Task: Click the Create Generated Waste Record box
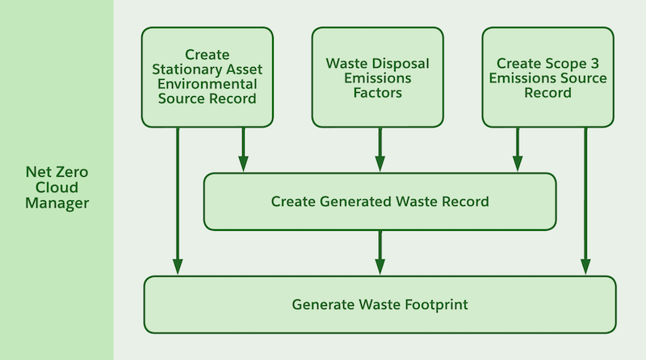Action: pos(380,202)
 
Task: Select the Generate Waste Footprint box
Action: pos(380,304)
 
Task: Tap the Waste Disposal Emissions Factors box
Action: pos(377,77)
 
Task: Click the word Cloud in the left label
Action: pos(57,187)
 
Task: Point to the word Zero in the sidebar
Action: pos(72,172)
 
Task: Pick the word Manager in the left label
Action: pos(57,203)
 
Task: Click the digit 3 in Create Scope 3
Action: pos(594,64)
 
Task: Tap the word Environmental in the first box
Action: pos(208,84)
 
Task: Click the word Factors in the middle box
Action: pos(377,93)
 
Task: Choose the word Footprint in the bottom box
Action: pos(436,304)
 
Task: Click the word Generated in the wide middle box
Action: pos(355,202)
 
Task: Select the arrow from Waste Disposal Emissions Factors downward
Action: pos(380,149)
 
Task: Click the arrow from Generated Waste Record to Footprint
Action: pos(380,253)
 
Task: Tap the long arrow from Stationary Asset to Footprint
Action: pos(178,201)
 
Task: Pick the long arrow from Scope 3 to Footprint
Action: pos(585,201)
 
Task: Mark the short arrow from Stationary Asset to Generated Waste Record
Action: pos(244,149)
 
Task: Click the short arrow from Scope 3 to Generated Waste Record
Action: pos(518,149)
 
